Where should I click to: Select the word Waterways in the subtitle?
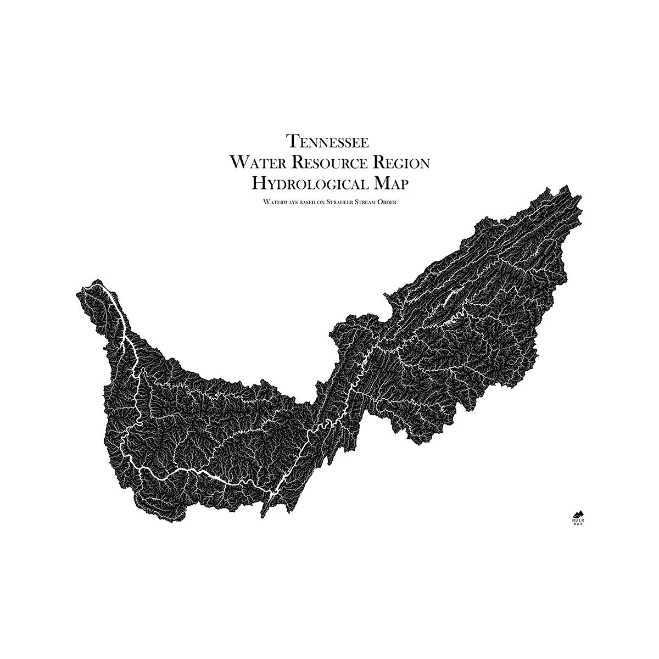point(277,202)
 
